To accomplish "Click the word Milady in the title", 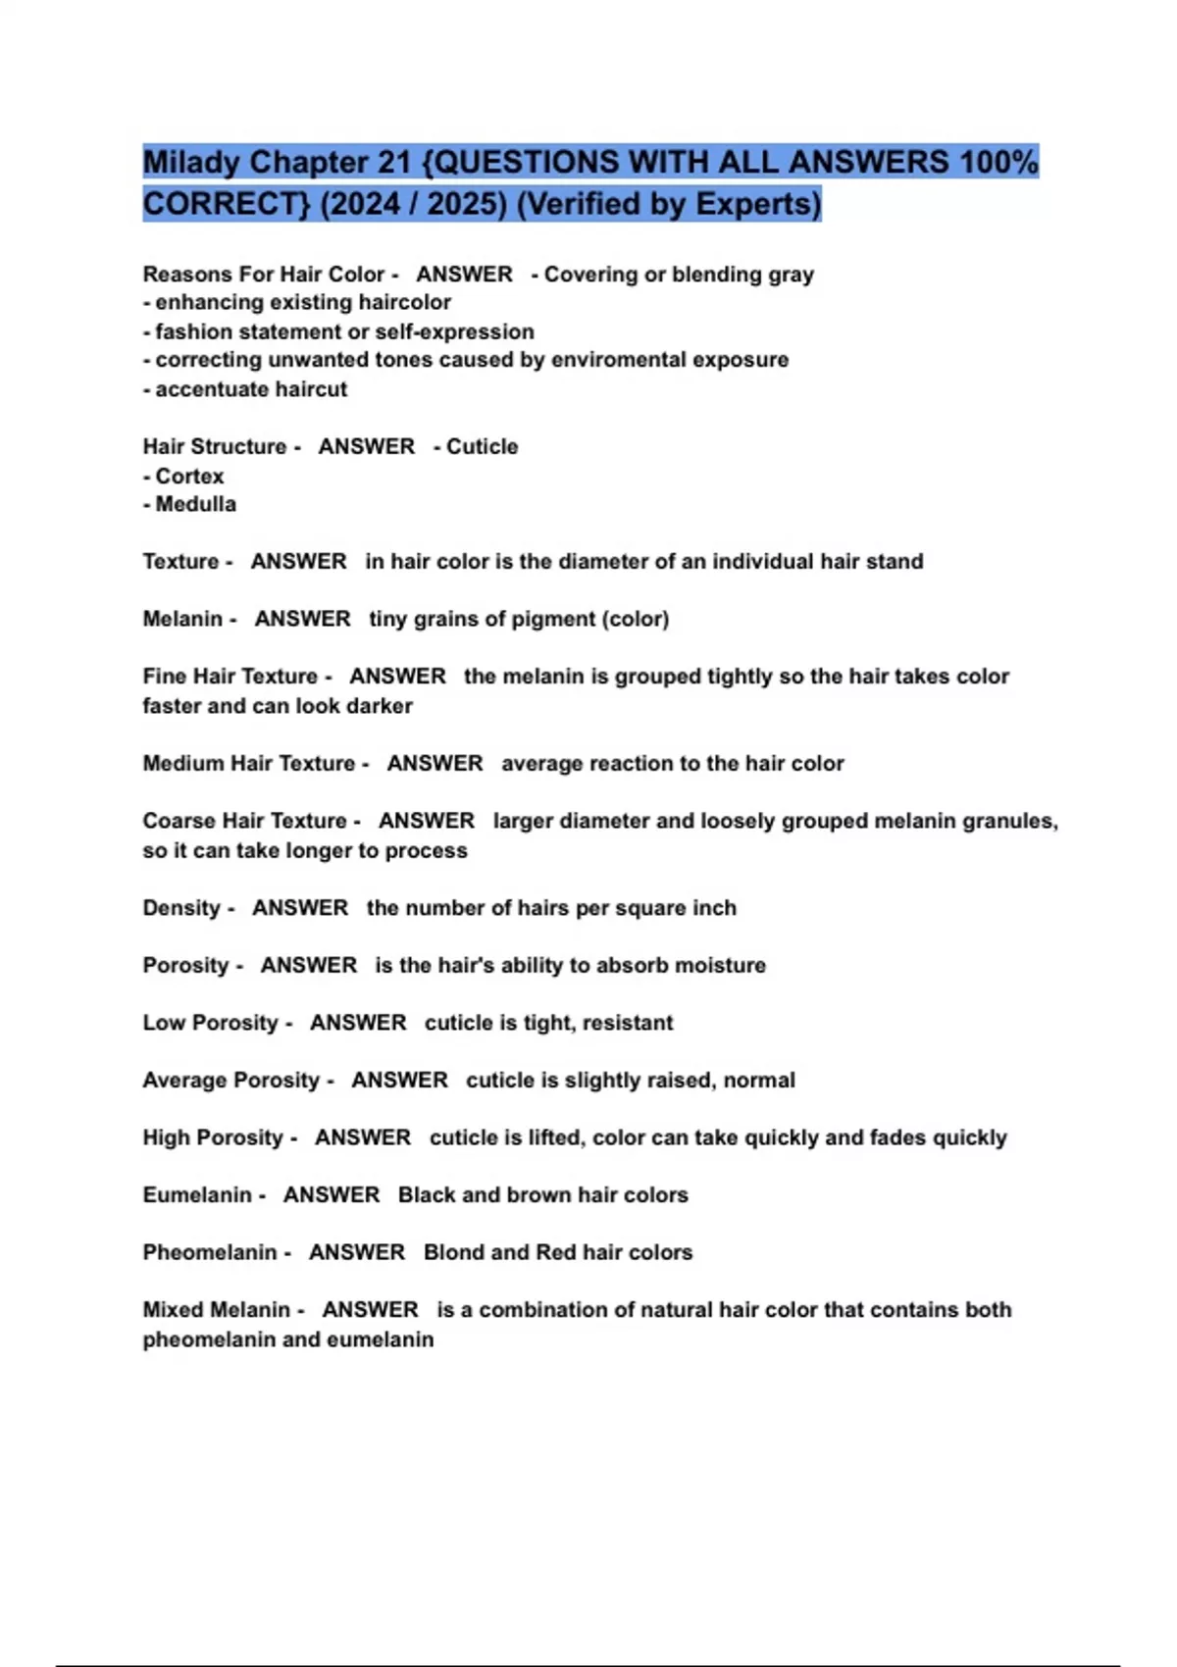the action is coord(190,162).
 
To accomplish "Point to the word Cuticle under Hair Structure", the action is coord(482,446).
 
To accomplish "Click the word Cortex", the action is coord(189,476).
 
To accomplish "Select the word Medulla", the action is coord(195,504).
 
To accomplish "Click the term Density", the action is coord(181,908).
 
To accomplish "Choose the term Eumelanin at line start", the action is coord(197,1194).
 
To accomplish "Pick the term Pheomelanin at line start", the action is coord(210,1252).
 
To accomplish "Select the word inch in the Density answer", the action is coord(714,908).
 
